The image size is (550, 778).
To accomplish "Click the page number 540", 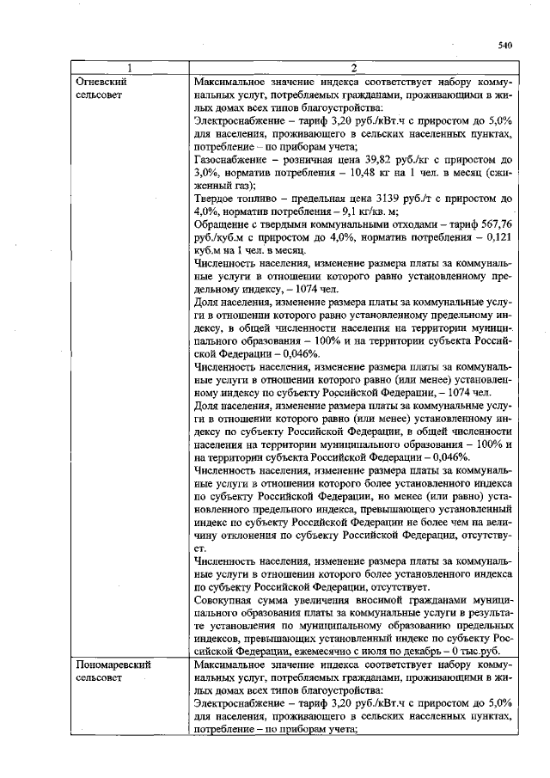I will (504, 46).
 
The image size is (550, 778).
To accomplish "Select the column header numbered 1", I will (131, 69).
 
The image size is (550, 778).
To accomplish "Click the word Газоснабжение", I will (233, 160).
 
